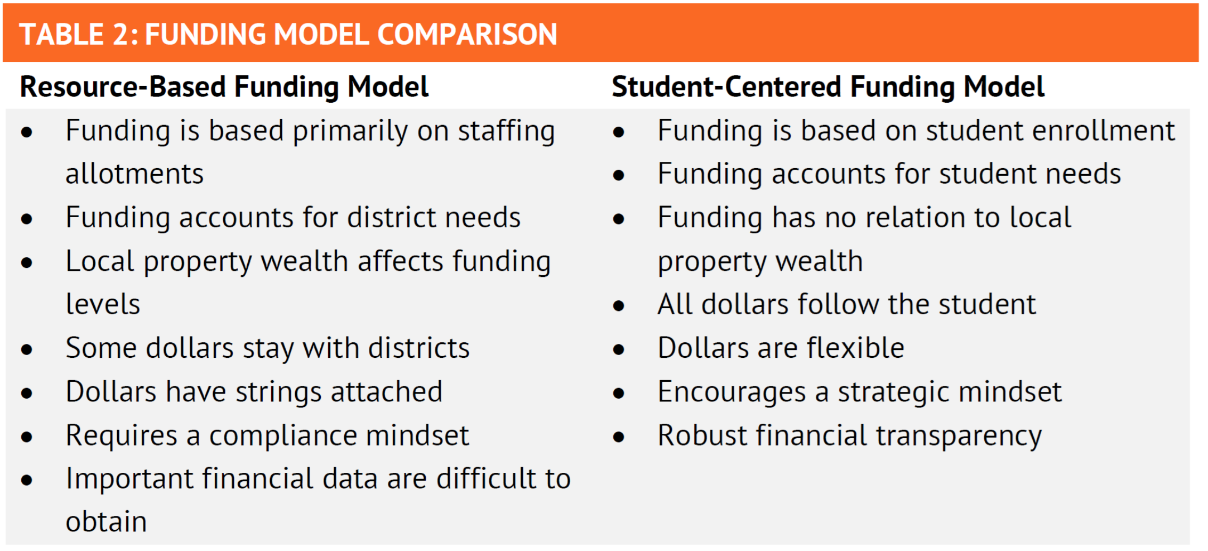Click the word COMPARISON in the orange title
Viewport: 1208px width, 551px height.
pyautogui.click(x=467, y=34)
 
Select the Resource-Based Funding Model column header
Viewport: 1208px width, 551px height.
pyautogui.click(x=224, y=87)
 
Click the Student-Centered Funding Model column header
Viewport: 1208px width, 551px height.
pyautogui.click(x=828, y=87)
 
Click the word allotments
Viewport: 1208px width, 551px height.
pyautogui.click(x=134, y=174)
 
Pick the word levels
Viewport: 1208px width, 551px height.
pyautogui.click(x=103, y=304)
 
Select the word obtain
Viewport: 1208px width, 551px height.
pyautogui.click(x=106, y=522)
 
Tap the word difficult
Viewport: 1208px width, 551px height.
pyautogui.click(x=486, y=478)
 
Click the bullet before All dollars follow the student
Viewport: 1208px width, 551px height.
pyautogui.click(x=618, y=306)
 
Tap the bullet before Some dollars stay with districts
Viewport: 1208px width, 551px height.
pyautogui.click(x=26, y=349)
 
